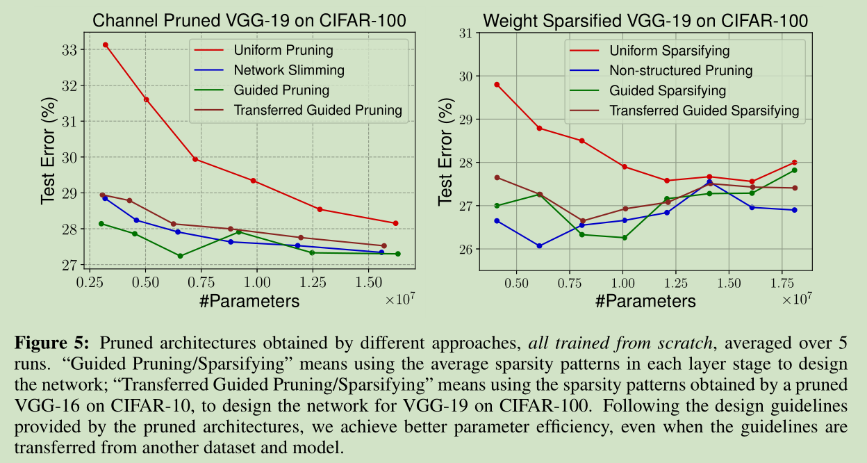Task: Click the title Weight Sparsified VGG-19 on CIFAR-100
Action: [x=645, y=20]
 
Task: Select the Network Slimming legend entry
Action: [x=288, y=70]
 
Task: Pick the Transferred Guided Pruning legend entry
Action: [x=317, y=111]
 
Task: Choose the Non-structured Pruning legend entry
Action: [x=680, y=70]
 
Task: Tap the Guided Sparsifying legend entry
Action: [x=667, y=90]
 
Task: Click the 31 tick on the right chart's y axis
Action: [x=465, y=33]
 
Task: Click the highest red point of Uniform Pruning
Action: [x=106, y=44]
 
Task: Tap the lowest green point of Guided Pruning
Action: [x=181, y=256]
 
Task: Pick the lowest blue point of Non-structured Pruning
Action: [x=539, y=245]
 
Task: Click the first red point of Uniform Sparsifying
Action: [x=497, y=85]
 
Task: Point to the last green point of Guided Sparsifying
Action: [x=794, y=170]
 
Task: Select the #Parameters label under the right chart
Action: [x=645, y=300]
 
